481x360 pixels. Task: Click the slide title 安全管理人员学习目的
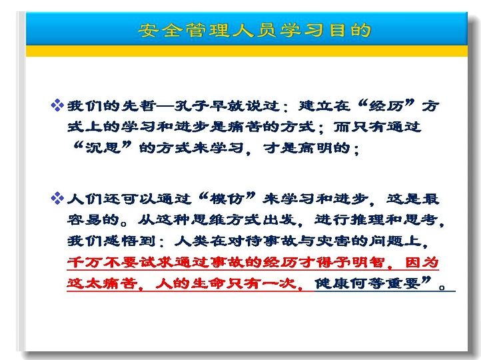tap(254, 30)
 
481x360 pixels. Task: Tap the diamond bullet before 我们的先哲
tap(57, 105)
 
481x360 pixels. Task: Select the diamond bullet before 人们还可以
tap(57, 198)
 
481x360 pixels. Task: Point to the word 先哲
tap(139, 106)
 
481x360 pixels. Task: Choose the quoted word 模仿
tap(227, 199)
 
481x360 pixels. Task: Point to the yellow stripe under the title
tap(246, 51)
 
